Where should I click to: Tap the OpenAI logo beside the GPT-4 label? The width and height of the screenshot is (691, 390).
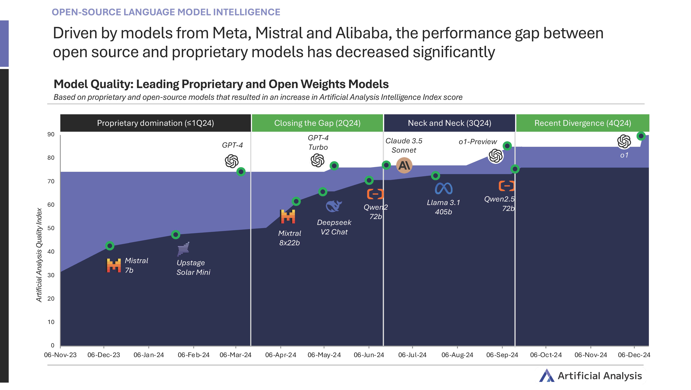click(232, 161)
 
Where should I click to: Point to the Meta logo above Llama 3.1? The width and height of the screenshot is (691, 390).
click(443, 188)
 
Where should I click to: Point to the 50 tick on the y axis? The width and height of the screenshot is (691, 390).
click(51, 228)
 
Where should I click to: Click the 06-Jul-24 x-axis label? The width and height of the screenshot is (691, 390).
click(412, 355)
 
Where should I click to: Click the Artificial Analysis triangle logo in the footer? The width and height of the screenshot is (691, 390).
click(546, 375)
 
